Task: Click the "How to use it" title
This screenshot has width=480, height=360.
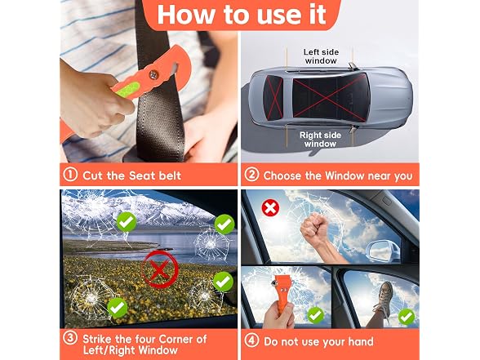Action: pyautogui.click(x=242, y=15)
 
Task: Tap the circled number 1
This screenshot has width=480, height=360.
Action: pyautogui.click(x=70, y=175)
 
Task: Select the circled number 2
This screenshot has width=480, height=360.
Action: pyautogui.click(x=251, y=175)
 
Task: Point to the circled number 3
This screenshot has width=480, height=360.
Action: pyautogui.click(x=70, y=339)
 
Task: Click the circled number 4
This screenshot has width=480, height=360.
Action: pyautogui.click(x=251, y=340)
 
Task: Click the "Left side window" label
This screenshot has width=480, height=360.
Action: pyautogui.click(x=321, y=56)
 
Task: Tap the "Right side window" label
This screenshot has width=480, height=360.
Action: pyautogui.click(x=320, y=140)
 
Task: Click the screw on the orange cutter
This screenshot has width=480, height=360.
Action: pyautogui.click(x=153, y=74)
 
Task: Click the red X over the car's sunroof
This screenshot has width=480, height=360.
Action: pyautogui.click(x=330, y=97)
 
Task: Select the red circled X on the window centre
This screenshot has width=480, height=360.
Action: pyautogui.click(x=159, y=269)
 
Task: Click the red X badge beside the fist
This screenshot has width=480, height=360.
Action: pyautogui.click(x=270, y=208)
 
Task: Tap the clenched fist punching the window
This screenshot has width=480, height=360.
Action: pyautogui.click(x=314, y=228)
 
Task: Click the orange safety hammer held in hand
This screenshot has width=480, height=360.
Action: pyautogui.click(x=282, y=292)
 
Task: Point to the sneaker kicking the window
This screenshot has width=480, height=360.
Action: pyautogui.click(x=385, y=297)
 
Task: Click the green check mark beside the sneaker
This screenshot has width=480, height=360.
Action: pyautogui.click(x=407, y=317)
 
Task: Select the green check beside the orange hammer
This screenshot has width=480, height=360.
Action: pyautogui.click(x=315, y=315)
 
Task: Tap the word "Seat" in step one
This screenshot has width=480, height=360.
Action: pyautogui.click(x=142, y=176)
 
